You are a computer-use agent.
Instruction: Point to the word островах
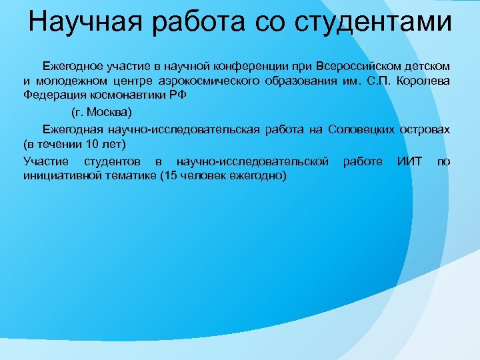425,129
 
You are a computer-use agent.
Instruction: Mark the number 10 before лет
81,143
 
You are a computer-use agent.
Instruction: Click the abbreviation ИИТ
409,161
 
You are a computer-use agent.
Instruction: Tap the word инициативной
60,175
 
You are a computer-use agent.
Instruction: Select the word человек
206,175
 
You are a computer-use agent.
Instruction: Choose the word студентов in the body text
113,161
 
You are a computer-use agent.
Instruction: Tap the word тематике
127,175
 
